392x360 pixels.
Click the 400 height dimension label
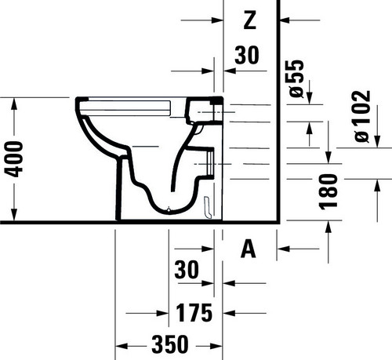tap(13, 159)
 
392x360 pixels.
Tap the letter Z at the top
tap(249, 20)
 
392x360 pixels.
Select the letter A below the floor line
tap(249, 249)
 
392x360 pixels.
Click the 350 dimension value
tap(170, 344)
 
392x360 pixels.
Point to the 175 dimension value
tap(194, 313)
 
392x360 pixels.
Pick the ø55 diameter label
tap(297, 78)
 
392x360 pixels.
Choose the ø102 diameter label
tap(362, 116)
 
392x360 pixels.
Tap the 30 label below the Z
tap(247, 55)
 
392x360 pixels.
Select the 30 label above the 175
tap(187, 270)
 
